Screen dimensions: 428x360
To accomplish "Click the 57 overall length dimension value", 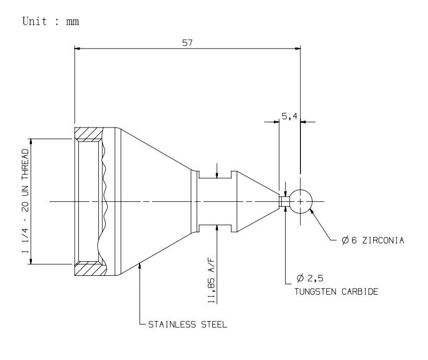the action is (187, 43).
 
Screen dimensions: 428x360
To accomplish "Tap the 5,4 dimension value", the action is (290, 117).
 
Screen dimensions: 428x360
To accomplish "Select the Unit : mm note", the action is (51, 21).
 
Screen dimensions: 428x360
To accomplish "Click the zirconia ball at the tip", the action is (300, 202).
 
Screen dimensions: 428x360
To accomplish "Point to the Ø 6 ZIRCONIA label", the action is (373, 240).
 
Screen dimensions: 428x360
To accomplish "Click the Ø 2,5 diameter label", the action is (310, 278).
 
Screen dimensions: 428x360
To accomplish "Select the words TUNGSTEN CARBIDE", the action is (337, 292).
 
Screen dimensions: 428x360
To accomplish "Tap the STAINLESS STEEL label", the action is (188, 324).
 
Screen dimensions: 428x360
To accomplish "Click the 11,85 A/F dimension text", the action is (212, 280).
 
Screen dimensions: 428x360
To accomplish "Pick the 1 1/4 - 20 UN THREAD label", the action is (25, 201).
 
